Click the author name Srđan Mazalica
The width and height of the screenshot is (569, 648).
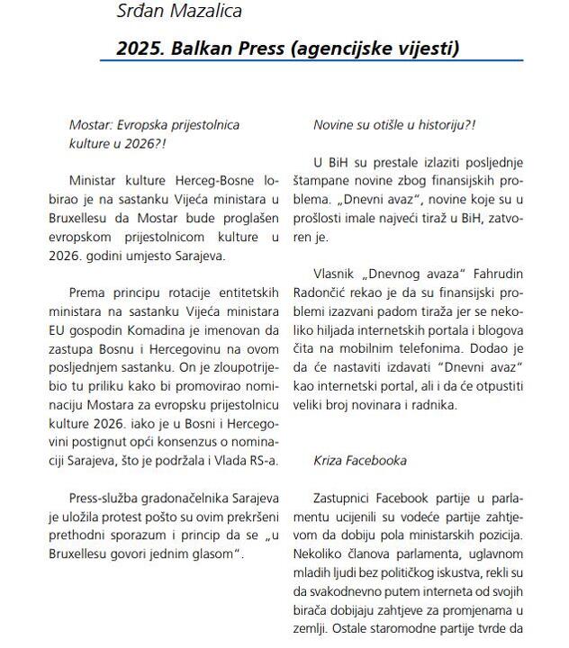pyautogui.click(x=179, y=12)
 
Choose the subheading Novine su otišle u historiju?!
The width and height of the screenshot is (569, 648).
pyautogui.click(x=393, y=125)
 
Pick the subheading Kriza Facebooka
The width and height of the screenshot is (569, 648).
pyautogui.click(x=360, y=460)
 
